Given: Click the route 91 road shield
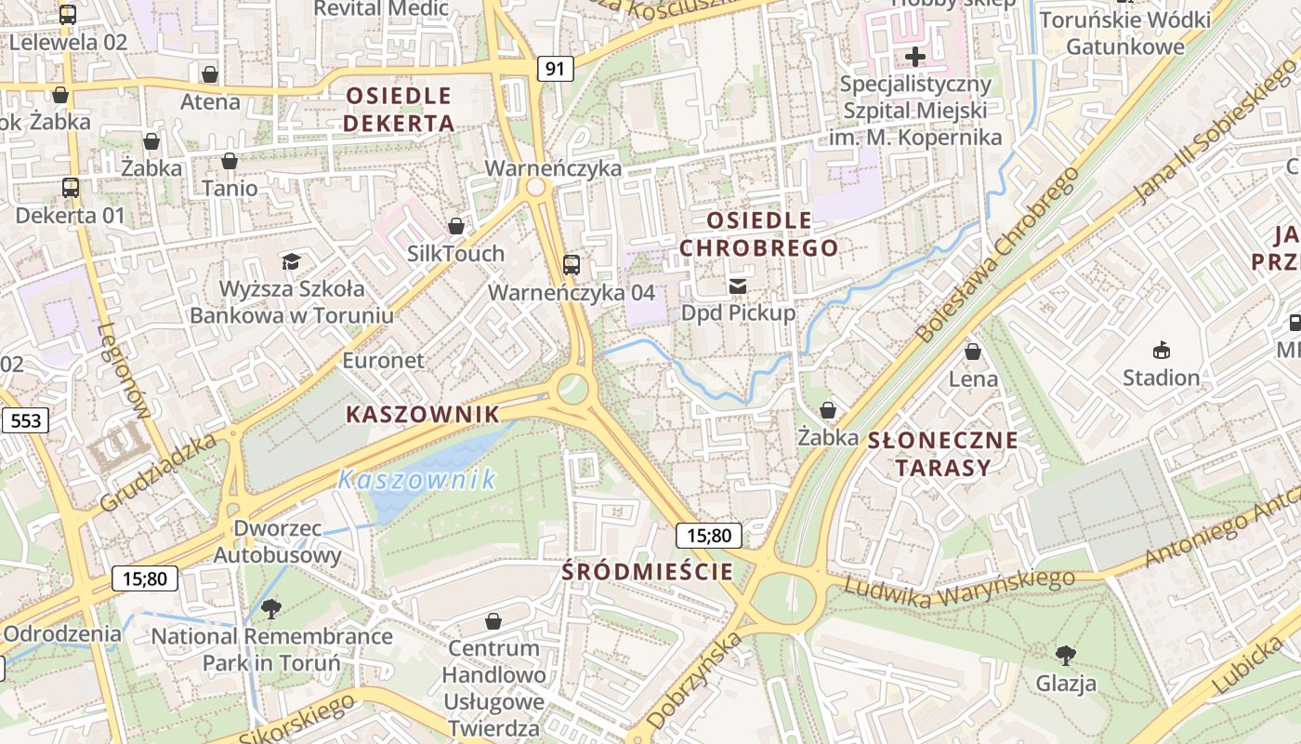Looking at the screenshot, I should [555, 68].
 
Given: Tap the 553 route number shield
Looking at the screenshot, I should [26, 420].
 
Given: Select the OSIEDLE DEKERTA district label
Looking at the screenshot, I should [399, 109].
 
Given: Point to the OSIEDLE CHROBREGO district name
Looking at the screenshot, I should [759, 234].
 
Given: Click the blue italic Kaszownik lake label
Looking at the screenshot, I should [417, 480].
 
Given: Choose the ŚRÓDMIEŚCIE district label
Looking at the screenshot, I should [648, 571].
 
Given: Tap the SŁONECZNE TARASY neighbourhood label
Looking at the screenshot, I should [942, 453].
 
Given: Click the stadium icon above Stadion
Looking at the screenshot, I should [1161, 350].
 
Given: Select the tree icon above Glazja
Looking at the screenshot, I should [1066, 655].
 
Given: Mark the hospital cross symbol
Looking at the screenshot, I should [915, 56].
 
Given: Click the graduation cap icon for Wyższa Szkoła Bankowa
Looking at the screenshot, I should [291, 260].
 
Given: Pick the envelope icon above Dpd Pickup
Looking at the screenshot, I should [738, 286].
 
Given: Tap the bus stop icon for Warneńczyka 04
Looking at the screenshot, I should [572, 264].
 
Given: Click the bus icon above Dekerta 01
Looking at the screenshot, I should [71, 187].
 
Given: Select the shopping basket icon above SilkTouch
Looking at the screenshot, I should [456, 225].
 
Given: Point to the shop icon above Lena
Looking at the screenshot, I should [973, 352].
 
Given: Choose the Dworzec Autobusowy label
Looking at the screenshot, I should [277, 541].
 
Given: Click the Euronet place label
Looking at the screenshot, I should [383, 360].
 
